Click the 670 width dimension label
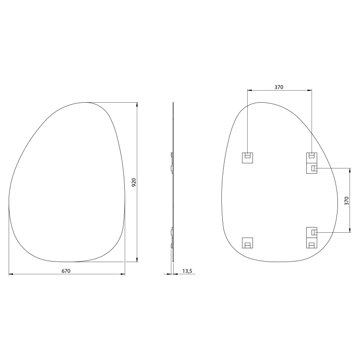click(x=66, y=271)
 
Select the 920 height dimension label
click(x=134, y=182)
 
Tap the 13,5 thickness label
click(x=187, y=271)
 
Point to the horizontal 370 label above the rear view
click(x=279, y=87)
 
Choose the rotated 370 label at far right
click(x=347, y=201)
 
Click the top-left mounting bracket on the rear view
click(x=248, y=158)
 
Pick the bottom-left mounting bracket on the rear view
click(x=248, y=243)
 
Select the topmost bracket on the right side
click(x=312, y=158)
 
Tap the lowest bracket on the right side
click(x=312, y=243)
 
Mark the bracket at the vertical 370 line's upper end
click(x=312, y=168)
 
